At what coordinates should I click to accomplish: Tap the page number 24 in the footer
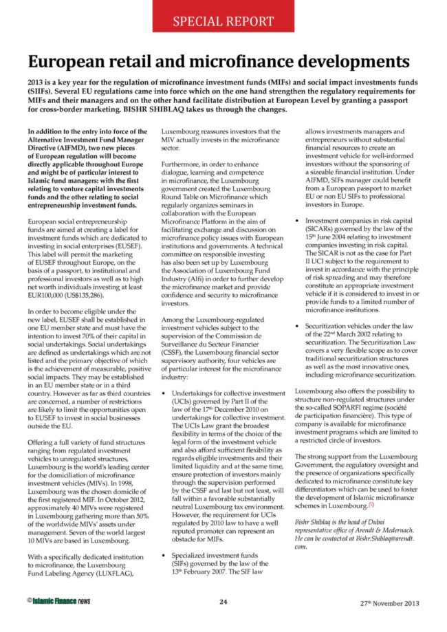pyautogui.click(x=223, y=602)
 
